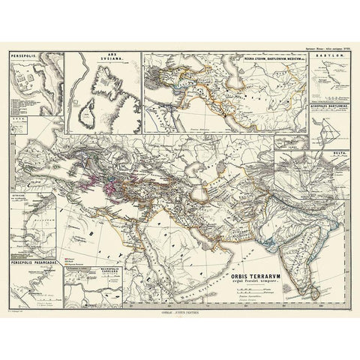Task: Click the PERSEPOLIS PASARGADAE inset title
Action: tap(33, 242)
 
